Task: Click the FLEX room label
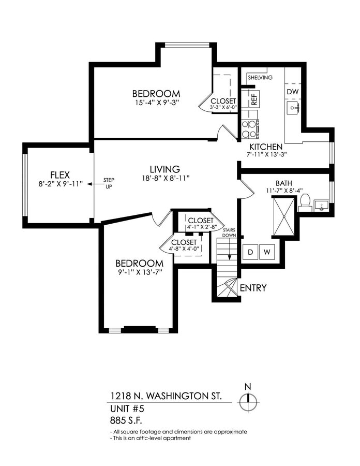(60, 175)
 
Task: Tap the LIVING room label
(165, 169)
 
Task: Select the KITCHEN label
(266, 147)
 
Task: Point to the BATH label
(284, 183)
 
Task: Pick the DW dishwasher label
(293, 92)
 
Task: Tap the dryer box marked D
(250, 252)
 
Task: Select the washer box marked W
(267, 252)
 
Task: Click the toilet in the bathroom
(305, 202)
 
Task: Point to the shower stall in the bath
(284, 216)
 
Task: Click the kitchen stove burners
(250, 129)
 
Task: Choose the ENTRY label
(253, 288)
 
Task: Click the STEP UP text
(109, 183)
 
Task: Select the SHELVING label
(260, 78)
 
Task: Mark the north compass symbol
(248, 399)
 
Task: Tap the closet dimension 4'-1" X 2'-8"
(201, 227)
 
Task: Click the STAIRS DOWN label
(230, 232)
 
